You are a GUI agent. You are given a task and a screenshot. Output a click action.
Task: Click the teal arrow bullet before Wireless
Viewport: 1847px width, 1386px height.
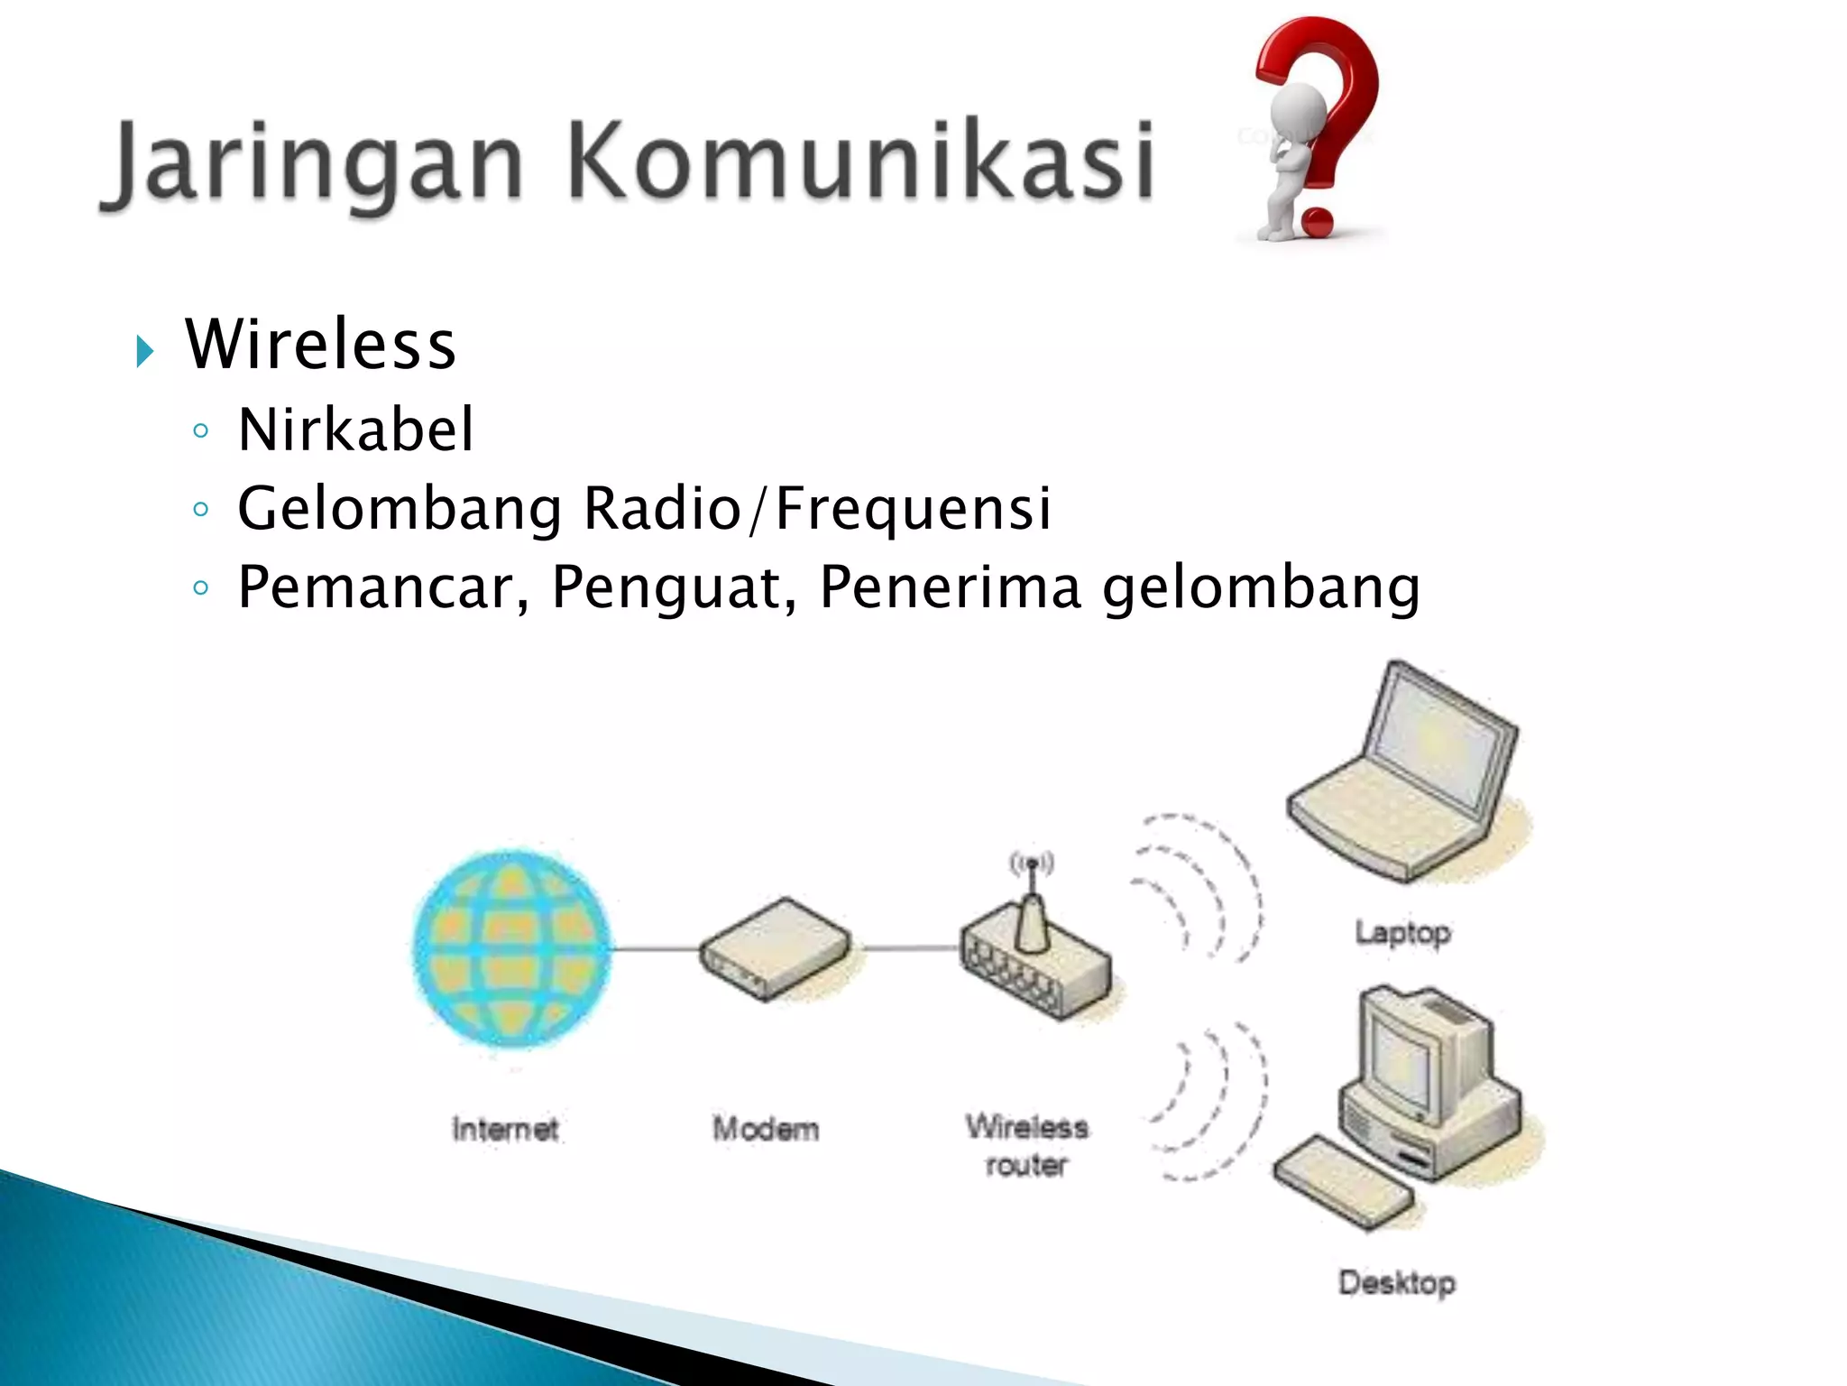[144, 350]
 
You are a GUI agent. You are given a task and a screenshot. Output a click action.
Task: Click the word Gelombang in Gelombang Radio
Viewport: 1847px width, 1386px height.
[400, 508]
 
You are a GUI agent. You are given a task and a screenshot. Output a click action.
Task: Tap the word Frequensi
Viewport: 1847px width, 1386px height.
[913, 508]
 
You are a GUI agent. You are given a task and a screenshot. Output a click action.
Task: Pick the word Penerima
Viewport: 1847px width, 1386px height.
[950, 587]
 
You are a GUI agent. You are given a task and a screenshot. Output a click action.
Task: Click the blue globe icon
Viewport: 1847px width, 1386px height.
[511, 947]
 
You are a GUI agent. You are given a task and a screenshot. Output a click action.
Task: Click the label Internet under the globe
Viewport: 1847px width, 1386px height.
[505, 1129]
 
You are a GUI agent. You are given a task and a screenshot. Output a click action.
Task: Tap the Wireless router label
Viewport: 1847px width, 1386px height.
[1026, 1145]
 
